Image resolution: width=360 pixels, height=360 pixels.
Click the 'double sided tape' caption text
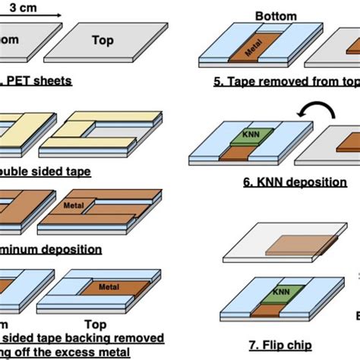tap(46, 172)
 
